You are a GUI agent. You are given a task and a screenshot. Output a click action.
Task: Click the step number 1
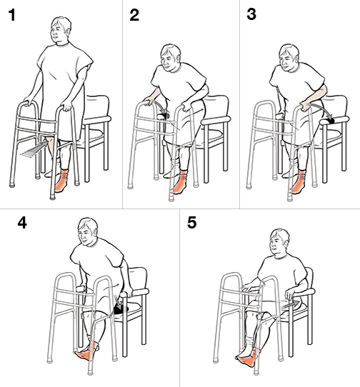coord(11,16)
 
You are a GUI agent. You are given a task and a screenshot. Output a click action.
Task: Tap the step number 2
coord(134,16)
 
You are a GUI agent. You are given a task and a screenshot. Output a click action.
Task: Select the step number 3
coord(251,16)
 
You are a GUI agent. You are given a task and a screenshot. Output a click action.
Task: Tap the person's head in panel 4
coord(87,234)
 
